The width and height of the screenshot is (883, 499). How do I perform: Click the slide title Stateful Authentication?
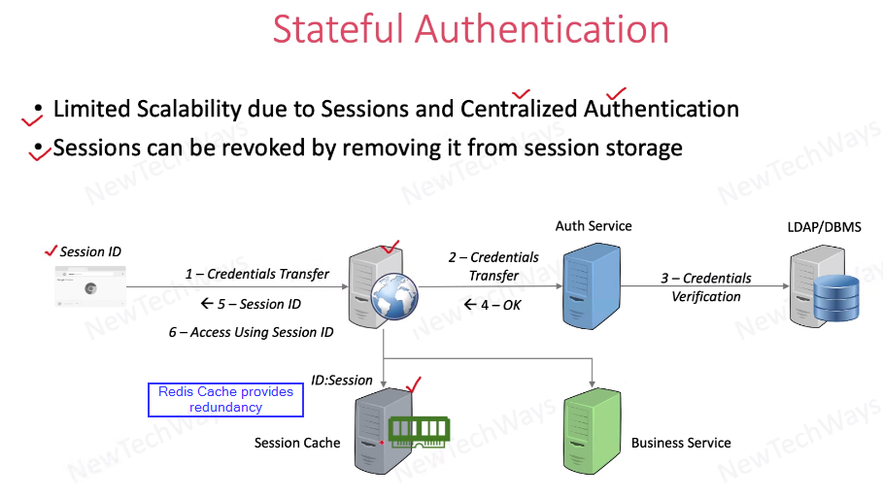pos(470,29)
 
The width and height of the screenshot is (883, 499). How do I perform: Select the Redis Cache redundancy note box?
pos(225,399)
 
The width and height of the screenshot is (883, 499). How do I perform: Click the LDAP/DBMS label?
pos(825,228)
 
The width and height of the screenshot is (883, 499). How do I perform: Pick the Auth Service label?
pos(594,226)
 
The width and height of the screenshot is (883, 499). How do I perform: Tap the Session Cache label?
pos(297,443)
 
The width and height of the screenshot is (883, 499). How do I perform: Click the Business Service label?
pos(681,443)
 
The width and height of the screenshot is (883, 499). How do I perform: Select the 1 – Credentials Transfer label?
pos(257,274)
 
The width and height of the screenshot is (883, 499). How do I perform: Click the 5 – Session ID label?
pos(251,304)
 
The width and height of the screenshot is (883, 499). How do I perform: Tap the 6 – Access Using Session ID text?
pos(251,332)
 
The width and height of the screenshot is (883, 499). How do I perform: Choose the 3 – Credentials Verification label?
pos(706,287)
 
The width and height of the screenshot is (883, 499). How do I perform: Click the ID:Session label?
pos(342,380)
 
